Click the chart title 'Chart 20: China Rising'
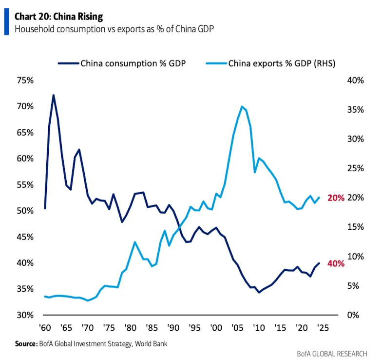(58, 17)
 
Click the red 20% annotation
(336, 198)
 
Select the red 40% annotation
(336, 263)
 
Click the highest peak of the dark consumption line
(53, 95)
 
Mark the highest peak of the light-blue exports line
(242, 106)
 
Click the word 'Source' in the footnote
(25, 344)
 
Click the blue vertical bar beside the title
(6, 22)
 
